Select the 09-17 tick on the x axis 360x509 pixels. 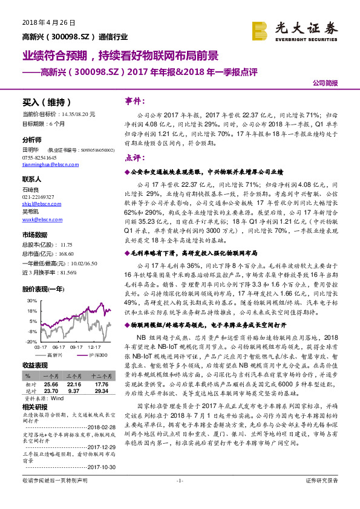76,348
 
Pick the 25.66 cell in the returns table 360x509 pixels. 50,384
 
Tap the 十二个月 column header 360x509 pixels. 102,377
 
